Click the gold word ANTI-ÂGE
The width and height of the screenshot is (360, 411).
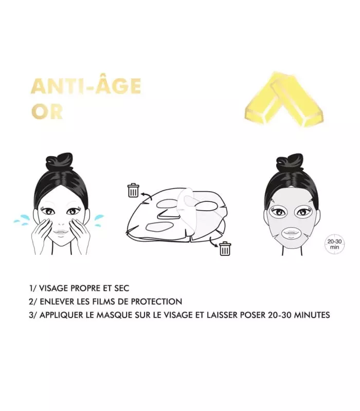(x=86, y=86)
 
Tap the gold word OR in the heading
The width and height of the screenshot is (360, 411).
(x=47, y=111)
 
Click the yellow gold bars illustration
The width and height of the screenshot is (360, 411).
(x=284, y=100)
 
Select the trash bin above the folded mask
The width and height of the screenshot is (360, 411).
(x=133, y=190)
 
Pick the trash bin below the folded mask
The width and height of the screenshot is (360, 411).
(x=225, y=248)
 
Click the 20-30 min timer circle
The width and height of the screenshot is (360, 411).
(x=335, y=244)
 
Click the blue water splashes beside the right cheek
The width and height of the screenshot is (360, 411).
(x=99, y=220)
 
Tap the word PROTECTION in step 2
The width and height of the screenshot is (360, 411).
(x=156, y=302)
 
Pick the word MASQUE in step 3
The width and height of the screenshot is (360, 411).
(x=114, y=314)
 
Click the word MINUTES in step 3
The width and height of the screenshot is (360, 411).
(x=312, y=314)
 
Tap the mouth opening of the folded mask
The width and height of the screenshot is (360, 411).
(x=159, y=227)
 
